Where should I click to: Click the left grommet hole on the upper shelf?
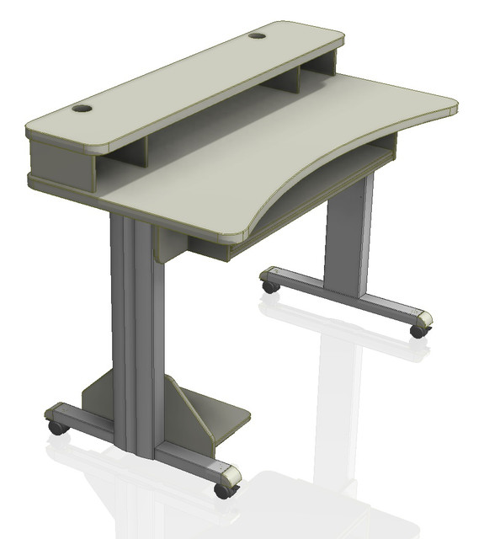(x=82, y=109)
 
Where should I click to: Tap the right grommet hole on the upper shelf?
(x=257, y=35)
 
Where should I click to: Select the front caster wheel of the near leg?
(x=223, y=489)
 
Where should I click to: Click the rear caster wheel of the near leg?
(x=57, y=427)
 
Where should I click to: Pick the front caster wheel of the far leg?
(x=418, y=331)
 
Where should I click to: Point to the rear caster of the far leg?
(x=270, y=286)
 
